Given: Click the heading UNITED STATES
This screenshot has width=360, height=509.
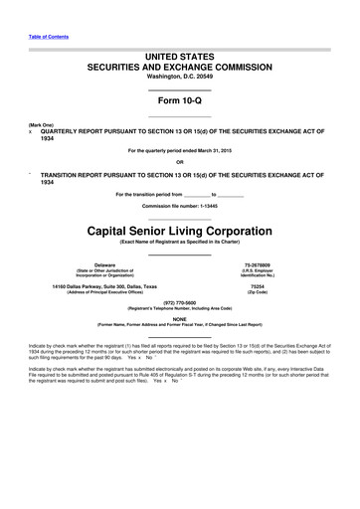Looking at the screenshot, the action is tap(180, 59).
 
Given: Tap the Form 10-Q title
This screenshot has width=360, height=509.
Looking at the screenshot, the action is tap(180, 102).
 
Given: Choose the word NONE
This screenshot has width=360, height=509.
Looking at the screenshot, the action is tap(180, 319).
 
